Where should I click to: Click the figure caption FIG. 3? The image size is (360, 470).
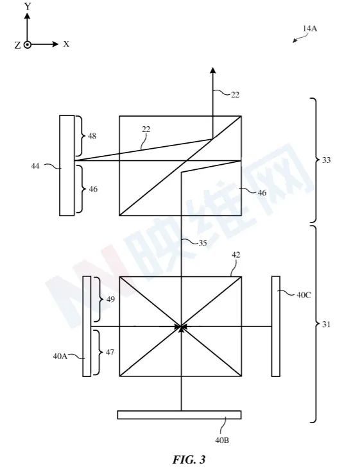pos(189,459)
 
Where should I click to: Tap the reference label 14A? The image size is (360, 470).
pos(309,28)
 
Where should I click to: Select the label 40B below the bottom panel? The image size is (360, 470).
pos(222,440)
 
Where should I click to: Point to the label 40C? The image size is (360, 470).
pos(304,295)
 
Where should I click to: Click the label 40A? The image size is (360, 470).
pos(60,356)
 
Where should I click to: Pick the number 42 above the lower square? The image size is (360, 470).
pos(236,255)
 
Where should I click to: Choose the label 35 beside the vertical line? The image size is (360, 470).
pos(203,243)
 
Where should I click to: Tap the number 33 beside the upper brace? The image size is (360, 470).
pos(327,160)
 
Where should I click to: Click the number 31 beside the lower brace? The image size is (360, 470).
pos(326,324)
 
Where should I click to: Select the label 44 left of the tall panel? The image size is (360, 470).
pos(35,165)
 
